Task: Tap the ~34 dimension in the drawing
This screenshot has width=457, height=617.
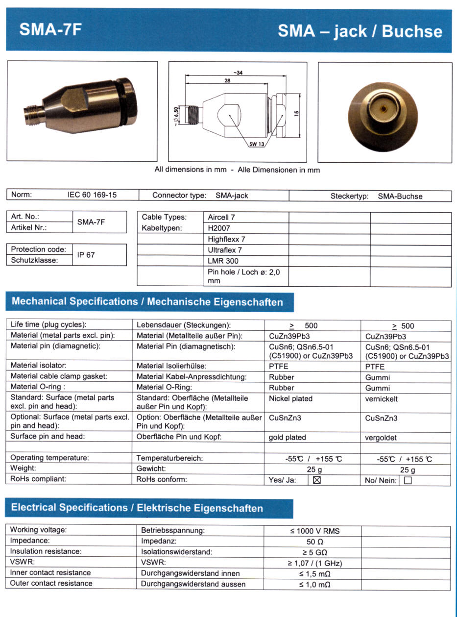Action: click(238, 73)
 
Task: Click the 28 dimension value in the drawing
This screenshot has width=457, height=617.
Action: click(227, 81)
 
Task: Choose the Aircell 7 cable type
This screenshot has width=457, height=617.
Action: click(222, 217)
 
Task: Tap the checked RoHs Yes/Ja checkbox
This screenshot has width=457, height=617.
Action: click(316, 480)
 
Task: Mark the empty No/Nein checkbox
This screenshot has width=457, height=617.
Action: click(408, 480)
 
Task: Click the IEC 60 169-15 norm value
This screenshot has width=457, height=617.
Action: click(92, 195)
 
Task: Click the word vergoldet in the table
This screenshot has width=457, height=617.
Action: click(381, 438)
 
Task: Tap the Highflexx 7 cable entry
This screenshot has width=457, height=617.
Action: click(226, 239)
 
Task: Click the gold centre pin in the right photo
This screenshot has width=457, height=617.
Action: click(384, 106)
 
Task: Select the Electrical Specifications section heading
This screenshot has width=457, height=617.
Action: click(137, 508)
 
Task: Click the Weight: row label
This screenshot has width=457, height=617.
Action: click(23, 469)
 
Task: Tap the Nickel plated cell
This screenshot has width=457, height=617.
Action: click(290, 399)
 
